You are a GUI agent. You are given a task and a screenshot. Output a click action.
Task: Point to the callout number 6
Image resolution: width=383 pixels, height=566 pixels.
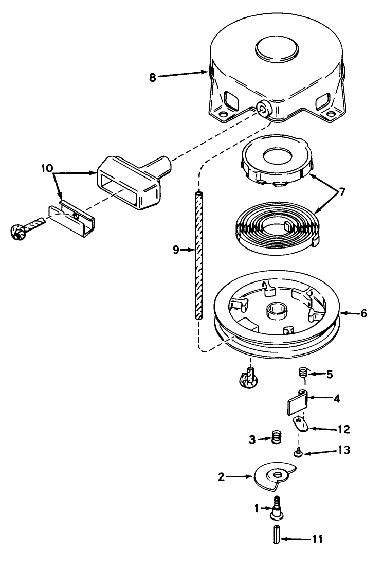click(363, 313)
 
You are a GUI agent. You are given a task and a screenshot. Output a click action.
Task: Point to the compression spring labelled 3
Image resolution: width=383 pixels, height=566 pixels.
click(277, 439)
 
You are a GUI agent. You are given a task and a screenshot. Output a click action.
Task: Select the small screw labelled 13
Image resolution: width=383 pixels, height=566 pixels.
click(298, 453)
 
